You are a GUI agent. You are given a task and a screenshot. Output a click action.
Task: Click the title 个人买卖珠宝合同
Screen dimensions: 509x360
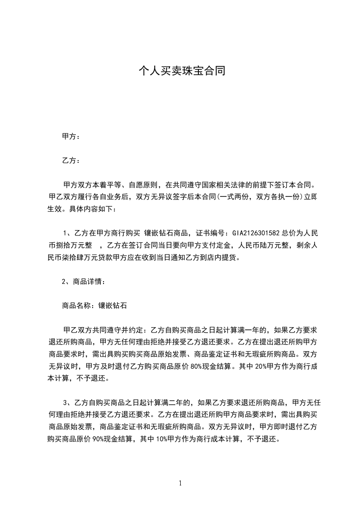coord(182,71)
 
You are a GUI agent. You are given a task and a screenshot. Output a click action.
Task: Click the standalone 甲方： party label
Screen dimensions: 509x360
coord(71,137)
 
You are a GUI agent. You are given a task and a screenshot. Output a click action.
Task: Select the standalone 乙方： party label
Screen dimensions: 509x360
coord(71,161)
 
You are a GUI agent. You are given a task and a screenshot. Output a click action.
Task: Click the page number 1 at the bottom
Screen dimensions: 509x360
coord(180,483)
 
